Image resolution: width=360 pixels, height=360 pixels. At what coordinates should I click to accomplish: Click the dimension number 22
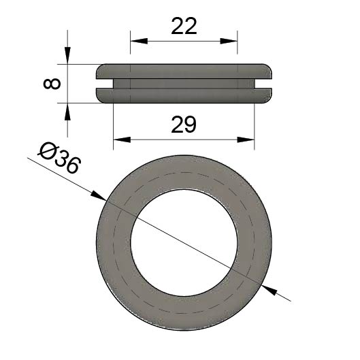tap(184, 26)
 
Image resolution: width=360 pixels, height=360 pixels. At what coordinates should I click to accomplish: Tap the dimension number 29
tap(184, 125)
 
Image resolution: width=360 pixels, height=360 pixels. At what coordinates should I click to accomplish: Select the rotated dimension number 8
tap(52, 84)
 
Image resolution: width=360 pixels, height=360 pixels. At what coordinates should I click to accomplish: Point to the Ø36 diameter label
tap(59, 158)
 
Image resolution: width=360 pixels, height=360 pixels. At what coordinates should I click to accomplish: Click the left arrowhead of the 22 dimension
tap(139, 41)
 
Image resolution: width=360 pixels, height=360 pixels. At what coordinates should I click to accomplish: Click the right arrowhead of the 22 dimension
tap(229, 41)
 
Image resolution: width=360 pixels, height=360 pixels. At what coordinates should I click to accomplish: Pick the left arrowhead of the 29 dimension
tap(122, 140)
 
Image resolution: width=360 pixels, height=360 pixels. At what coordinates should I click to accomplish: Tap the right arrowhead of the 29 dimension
tap(246, 140)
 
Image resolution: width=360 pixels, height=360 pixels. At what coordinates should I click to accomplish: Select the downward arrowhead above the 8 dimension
tap(67, 55)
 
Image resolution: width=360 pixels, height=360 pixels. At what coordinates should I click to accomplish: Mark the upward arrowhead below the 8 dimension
tap(67, 112)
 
